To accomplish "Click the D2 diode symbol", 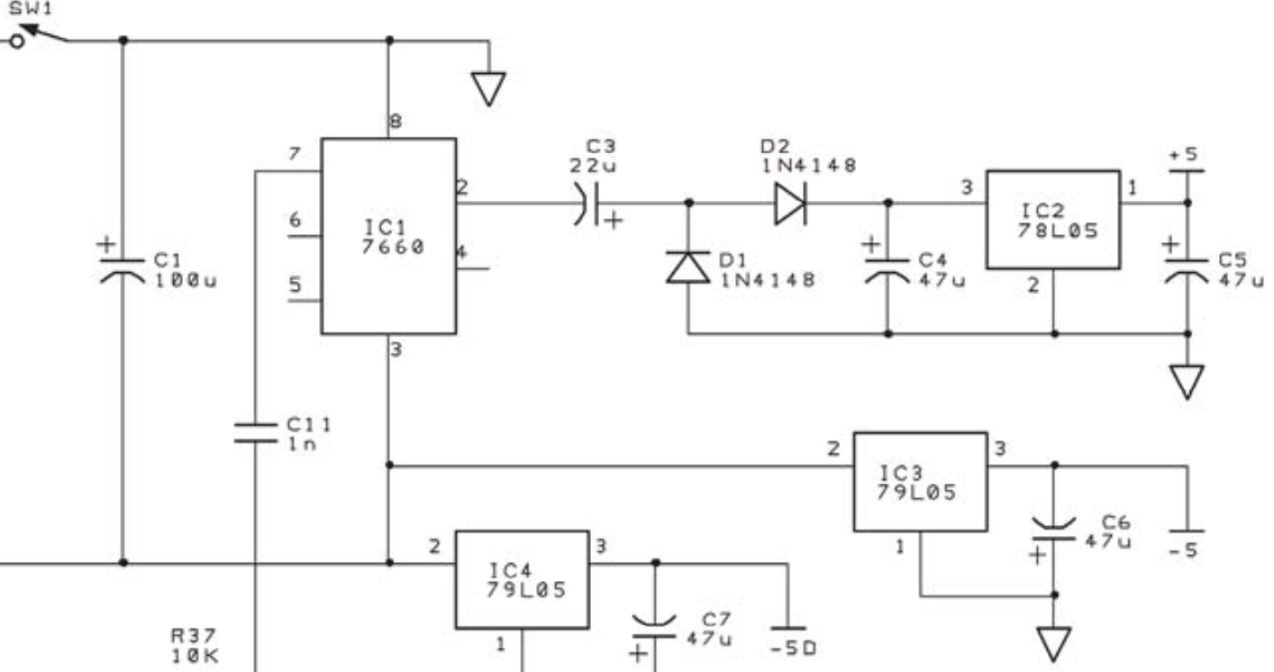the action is tap(790, 203).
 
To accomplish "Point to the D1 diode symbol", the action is tap(688, 268).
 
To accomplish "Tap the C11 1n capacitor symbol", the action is tap(255, 432).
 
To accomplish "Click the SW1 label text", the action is tap(30, 9).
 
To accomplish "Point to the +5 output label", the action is tap(1184, 154).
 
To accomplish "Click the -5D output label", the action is tap(794, 648).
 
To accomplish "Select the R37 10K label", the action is tap(195, 645).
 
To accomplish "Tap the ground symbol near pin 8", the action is tap(488, 88).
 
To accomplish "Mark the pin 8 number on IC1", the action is tap(396, 121).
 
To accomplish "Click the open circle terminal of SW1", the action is tap(17, 41).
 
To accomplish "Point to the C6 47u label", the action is tap(1108, 531).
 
